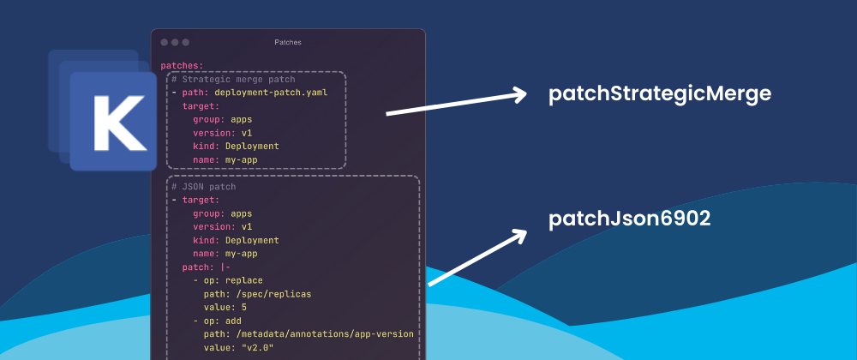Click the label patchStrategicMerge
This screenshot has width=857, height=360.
coord(660,94)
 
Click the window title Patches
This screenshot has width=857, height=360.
coord(288,42)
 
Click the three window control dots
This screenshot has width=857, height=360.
coord(175,42)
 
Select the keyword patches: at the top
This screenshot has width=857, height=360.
coord(182,65)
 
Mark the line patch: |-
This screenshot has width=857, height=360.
coord(206,267)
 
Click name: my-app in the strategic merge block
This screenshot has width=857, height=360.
coord(225,159)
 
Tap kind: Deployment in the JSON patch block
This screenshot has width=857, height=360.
coord(236,240)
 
